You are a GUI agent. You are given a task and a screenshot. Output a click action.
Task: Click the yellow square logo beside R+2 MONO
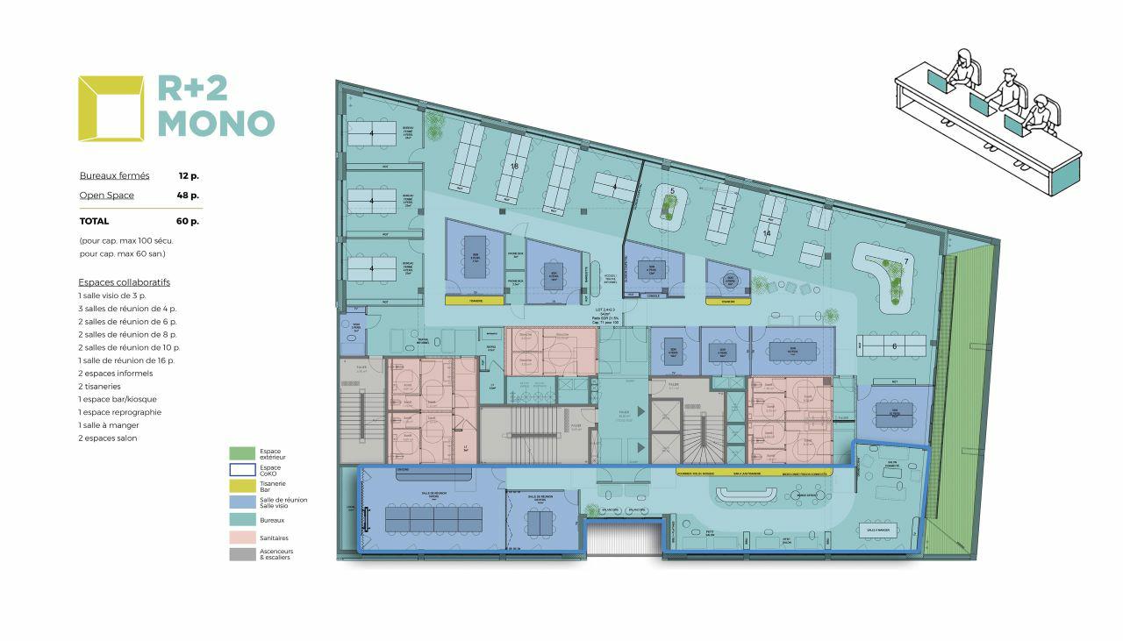pyautogui.click(x=111, y=108)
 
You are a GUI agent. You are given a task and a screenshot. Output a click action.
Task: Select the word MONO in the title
pyautogui.click(x=216, y=124)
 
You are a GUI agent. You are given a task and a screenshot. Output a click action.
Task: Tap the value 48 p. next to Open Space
pyautogui.click(x=188, y=195)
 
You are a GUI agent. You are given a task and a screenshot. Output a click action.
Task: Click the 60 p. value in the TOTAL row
pyautogui.click(x=188, y=221)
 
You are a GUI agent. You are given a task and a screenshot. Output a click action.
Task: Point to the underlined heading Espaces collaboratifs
pyautogui.click(x=124, y=282)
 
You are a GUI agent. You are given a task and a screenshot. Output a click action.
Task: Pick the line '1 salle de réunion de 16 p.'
pyautogui.click(x=126, y=360)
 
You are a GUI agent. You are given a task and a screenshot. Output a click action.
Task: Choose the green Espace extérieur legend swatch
pyautogui.click(x=242, y=453)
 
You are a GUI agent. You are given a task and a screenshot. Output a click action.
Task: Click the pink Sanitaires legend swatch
pyautogui.click(x=242, y=538)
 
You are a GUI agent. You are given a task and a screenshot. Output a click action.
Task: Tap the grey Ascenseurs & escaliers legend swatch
pyautogui.click(x=242, y=554)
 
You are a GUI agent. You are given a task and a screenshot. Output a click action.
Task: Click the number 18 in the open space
pyautogui.click(x=516, y=165)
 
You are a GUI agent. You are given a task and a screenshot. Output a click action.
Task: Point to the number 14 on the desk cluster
pyautogui.click(x=766, y=233)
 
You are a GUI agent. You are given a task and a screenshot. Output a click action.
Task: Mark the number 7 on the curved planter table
pyautogui.click(x=907, y=263)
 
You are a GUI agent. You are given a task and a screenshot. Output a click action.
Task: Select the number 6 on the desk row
pyautogui.click(x=893, y=346)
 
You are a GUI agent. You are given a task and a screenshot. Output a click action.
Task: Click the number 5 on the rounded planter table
pyautogui.click(x=671, y=191)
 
